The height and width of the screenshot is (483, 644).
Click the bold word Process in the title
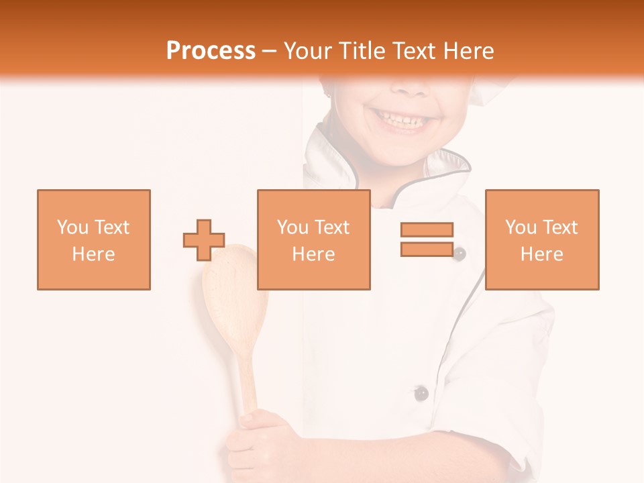pyautogui.click(x=211, y=51)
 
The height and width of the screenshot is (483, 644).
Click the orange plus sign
pyautogui.click(x=204, y=240)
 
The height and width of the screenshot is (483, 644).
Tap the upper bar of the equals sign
pyautogui.click(x=427, y=229)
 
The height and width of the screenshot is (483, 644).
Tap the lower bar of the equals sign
pyautogui.click(x=427, y=249)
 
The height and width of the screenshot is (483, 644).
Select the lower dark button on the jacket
pyautogui.click(x=421, y=393)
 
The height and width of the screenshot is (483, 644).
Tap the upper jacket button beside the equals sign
pyautogui.click(x=460, y=254)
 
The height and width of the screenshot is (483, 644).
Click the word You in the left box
pyautogui.click(x=72, y=227)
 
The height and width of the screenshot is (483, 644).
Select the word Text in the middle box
pyautogui.click(x=332, y=227)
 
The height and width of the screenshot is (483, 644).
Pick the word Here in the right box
pyautogui.click(x=541, y=254)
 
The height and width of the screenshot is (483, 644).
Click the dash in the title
pyautogui.click(x=270, y=52)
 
